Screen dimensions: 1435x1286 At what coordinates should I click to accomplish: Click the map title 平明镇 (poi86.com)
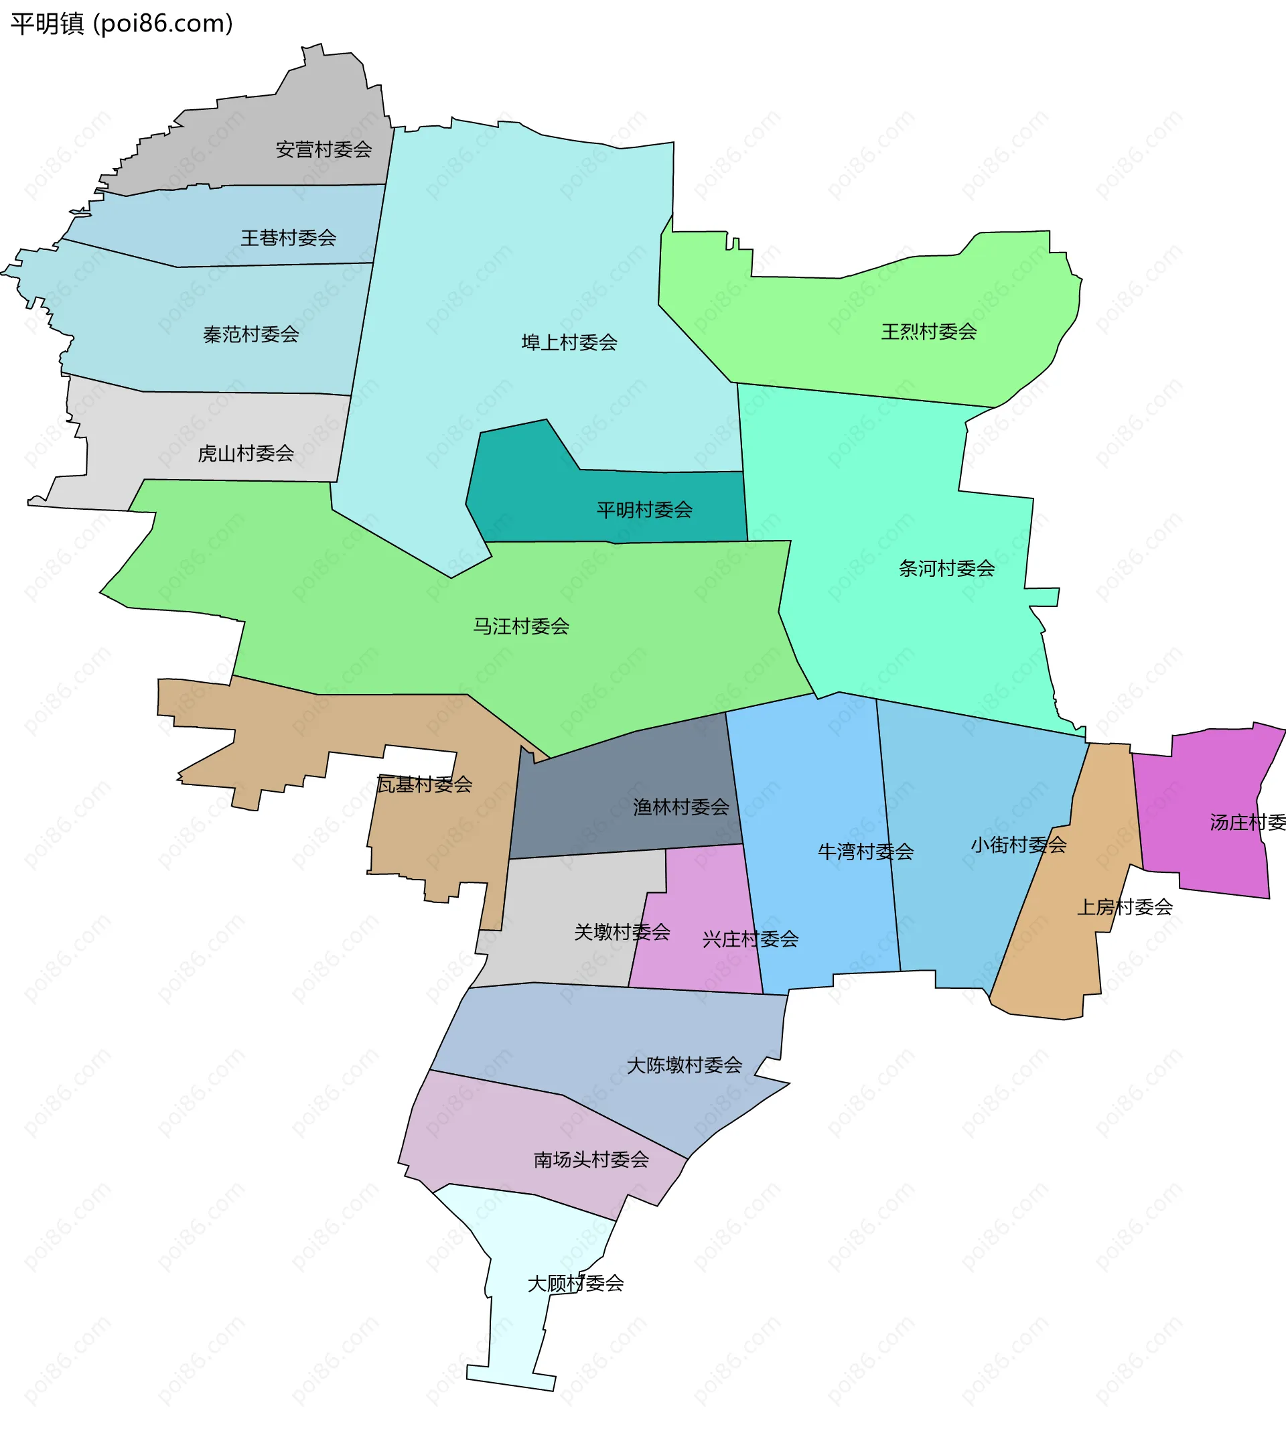(x=121, y=24)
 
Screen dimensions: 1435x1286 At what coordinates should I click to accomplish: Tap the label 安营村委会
(x=324, y=149)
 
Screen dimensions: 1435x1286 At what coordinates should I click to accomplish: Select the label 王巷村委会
(x=288, y=238)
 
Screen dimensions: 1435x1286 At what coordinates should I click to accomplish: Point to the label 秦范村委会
(x=251, y=334)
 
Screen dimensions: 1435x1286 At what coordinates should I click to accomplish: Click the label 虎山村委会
(x=246, y=453)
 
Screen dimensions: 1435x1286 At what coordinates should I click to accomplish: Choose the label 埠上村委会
(x=569, y=342)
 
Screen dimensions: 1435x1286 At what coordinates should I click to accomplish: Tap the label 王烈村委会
(x=928, y=331)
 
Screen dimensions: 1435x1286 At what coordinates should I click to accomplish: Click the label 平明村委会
(x=644, y=509)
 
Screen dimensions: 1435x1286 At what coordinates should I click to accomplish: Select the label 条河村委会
(x=947, y=567)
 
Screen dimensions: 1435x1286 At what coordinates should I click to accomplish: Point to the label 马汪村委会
(x=522, y=626)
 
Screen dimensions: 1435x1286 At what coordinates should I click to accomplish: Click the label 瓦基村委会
(x=425, y=784)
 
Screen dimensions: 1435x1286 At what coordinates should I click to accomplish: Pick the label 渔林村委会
(x=681, y=807)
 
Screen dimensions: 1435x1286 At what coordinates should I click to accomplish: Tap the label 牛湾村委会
(x=865, y=851)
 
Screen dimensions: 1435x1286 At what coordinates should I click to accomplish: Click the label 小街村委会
(x=1019, y=844)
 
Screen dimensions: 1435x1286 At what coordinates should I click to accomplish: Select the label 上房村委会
(x=1125, y=906)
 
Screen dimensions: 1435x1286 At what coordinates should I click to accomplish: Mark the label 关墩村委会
(x=622, y=932)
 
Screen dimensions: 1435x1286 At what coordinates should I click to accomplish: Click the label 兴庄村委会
(x=750, y=939)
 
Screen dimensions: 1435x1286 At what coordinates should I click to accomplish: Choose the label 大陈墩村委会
(x=685, y=1065)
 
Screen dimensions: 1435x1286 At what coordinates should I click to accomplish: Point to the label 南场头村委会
(x=591, y=1159)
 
